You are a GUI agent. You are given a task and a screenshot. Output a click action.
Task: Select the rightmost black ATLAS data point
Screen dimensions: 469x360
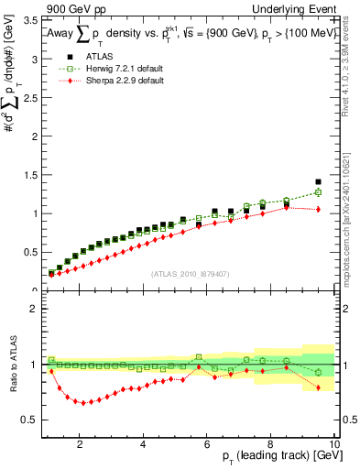pyautogui.click(x=318, y=182)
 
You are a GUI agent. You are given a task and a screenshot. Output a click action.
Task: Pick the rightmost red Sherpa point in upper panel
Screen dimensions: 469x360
pyautogui.click(x=318, y=209)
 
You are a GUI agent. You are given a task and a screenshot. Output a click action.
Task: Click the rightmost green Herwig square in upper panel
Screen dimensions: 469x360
pyautogui.click(x=318, y=192)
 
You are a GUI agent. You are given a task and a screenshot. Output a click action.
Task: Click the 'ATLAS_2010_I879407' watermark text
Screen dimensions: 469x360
pyautogui.click(x=189, y=273)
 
